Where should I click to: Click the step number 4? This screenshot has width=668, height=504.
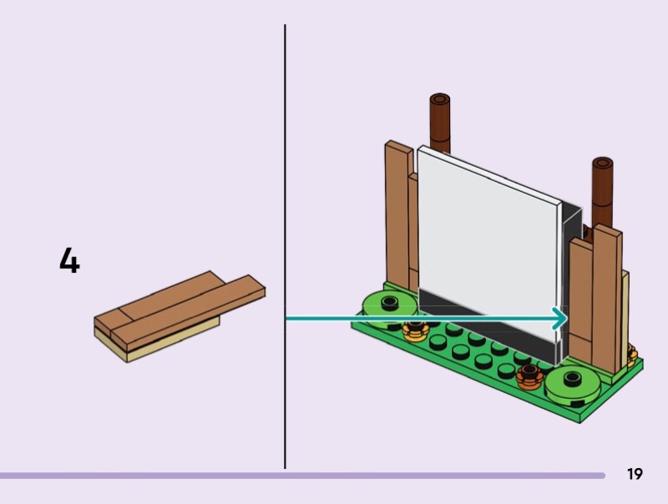pyautogui.click(x=69, y=261)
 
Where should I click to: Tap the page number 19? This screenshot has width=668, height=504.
pyautogui.click(x=635, y=475)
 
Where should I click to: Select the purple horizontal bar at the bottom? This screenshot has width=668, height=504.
pyautogui.click(x=301, y=476)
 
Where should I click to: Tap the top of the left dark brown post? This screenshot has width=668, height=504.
pyautogui.click(x=440, y=100)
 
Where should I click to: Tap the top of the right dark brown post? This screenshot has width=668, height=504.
pyautogui.click(x=603, y=163)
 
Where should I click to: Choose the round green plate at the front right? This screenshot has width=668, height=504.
pyautogui.click(x=573, y=383)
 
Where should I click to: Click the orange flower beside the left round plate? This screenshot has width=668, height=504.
pyautogui.click(x=413, y=331)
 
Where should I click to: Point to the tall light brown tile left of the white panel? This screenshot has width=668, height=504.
pyautogui.click(x=398, y=217)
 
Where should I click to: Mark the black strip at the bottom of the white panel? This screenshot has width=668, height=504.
pyautogui.click(x=484, y=330)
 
